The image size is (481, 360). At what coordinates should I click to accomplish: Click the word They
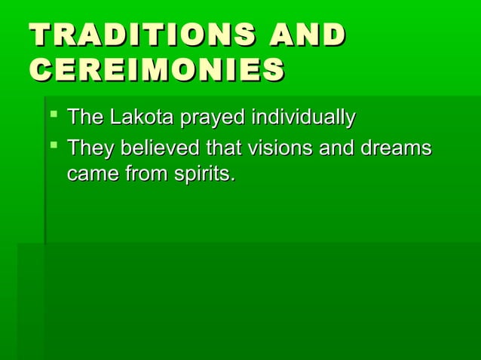(87, 148)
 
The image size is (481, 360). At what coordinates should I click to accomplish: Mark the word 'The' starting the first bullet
(83, 118)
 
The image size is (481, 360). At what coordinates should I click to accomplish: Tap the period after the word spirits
(231, 181)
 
